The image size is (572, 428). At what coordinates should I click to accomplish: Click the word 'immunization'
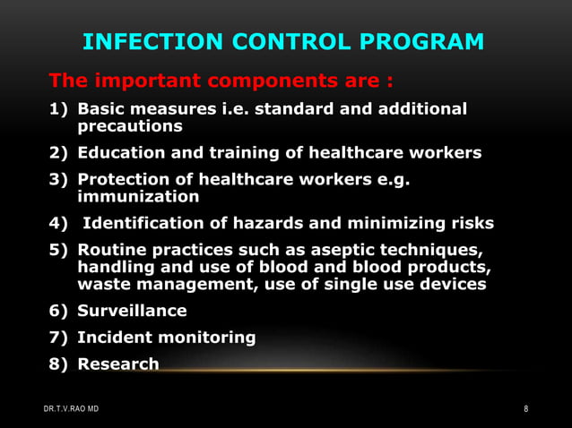pos(139,195)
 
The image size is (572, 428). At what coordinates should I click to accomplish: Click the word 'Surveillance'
pos(133,311)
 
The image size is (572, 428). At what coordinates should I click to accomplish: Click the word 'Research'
pos(118,364)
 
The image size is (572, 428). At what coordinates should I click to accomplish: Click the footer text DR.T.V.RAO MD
pos(73,409)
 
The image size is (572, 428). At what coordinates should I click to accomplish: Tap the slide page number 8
pos(526,409)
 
